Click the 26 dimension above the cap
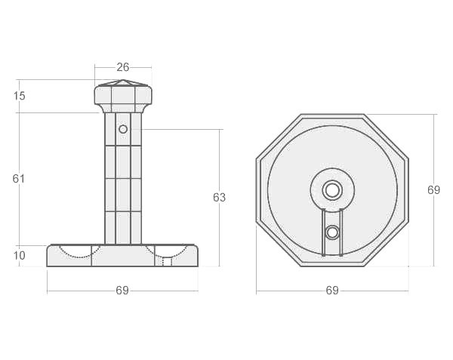pos(123,67)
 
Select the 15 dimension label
pos(20,96)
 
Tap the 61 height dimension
pos(20,179)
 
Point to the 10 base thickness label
pos(20,256)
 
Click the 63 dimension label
pos(220,198)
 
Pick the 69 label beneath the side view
pos(122,291)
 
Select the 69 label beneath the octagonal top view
pos(332,291)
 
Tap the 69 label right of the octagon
pos(433,190)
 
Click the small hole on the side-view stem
pos(123,129)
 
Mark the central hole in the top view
pos(332,189)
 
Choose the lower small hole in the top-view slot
pos(332,232)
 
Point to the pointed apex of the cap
pos(123,78)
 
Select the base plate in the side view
pos(122,256)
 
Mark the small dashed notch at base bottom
pos(167,263)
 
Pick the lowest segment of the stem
pos(123,228)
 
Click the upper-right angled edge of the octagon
pos(386,137)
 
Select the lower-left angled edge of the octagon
pos(279,243)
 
